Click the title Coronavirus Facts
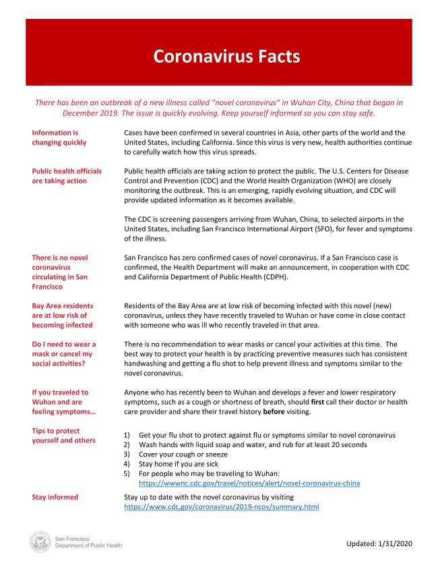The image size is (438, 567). coord(226,55)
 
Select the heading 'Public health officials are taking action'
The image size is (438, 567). coord(67,176)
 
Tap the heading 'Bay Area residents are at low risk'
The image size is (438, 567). coord(62,316)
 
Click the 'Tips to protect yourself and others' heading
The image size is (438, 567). coord(63,436)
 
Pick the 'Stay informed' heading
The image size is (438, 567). coord(55,497)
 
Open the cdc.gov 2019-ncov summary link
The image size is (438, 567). coord(222,506)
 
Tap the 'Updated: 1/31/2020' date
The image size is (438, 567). coord(379,543)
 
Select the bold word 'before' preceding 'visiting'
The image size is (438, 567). coord(276,411)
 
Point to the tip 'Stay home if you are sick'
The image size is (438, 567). coord(180,464)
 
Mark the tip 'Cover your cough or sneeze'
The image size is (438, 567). coord(183,454)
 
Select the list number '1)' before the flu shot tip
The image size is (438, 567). coord(128,436)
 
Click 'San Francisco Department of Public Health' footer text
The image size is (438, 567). coord(88,541)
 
